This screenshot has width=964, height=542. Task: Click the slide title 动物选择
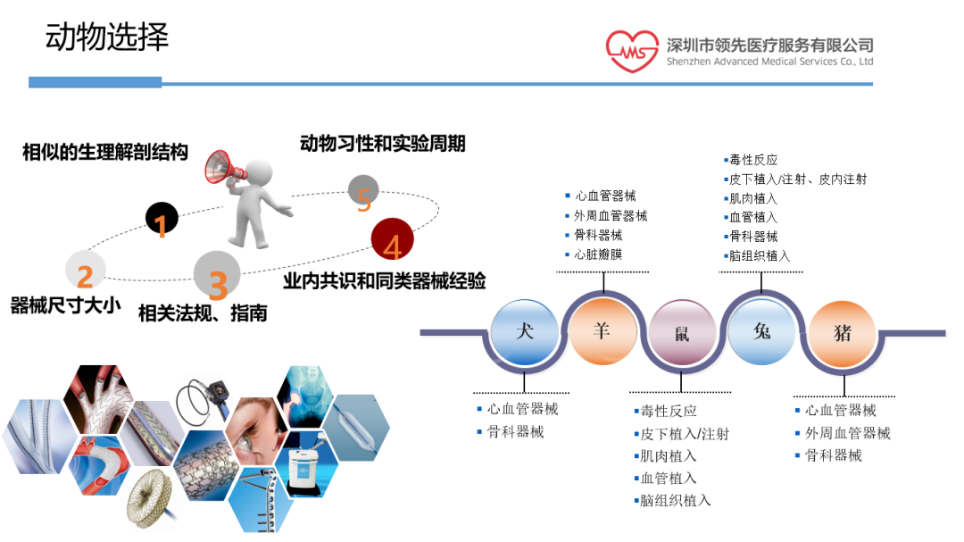(x=106, y=38)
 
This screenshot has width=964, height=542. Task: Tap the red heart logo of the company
(x=632, y=52)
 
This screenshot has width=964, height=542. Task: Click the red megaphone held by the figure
(x=223, y=168)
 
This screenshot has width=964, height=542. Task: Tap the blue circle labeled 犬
(x=525, y=331)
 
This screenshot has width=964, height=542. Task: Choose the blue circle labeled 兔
(x=761, y=331)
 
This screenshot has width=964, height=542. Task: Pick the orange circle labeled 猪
(x=842, y=333)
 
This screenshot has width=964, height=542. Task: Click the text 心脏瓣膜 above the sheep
(x=599, y=254)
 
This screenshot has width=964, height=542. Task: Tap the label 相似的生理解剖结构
(x=105, y=152)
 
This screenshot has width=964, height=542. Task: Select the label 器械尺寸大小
(x=64, y=305)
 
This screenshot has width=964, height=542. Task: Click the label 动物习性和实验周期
(x=383, y=143)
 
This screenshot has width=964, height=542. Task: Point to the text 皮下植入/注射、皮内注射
(x=797, y=179)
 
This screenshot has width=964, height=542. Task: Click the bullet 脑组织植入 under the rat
(x=676, y=500)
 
